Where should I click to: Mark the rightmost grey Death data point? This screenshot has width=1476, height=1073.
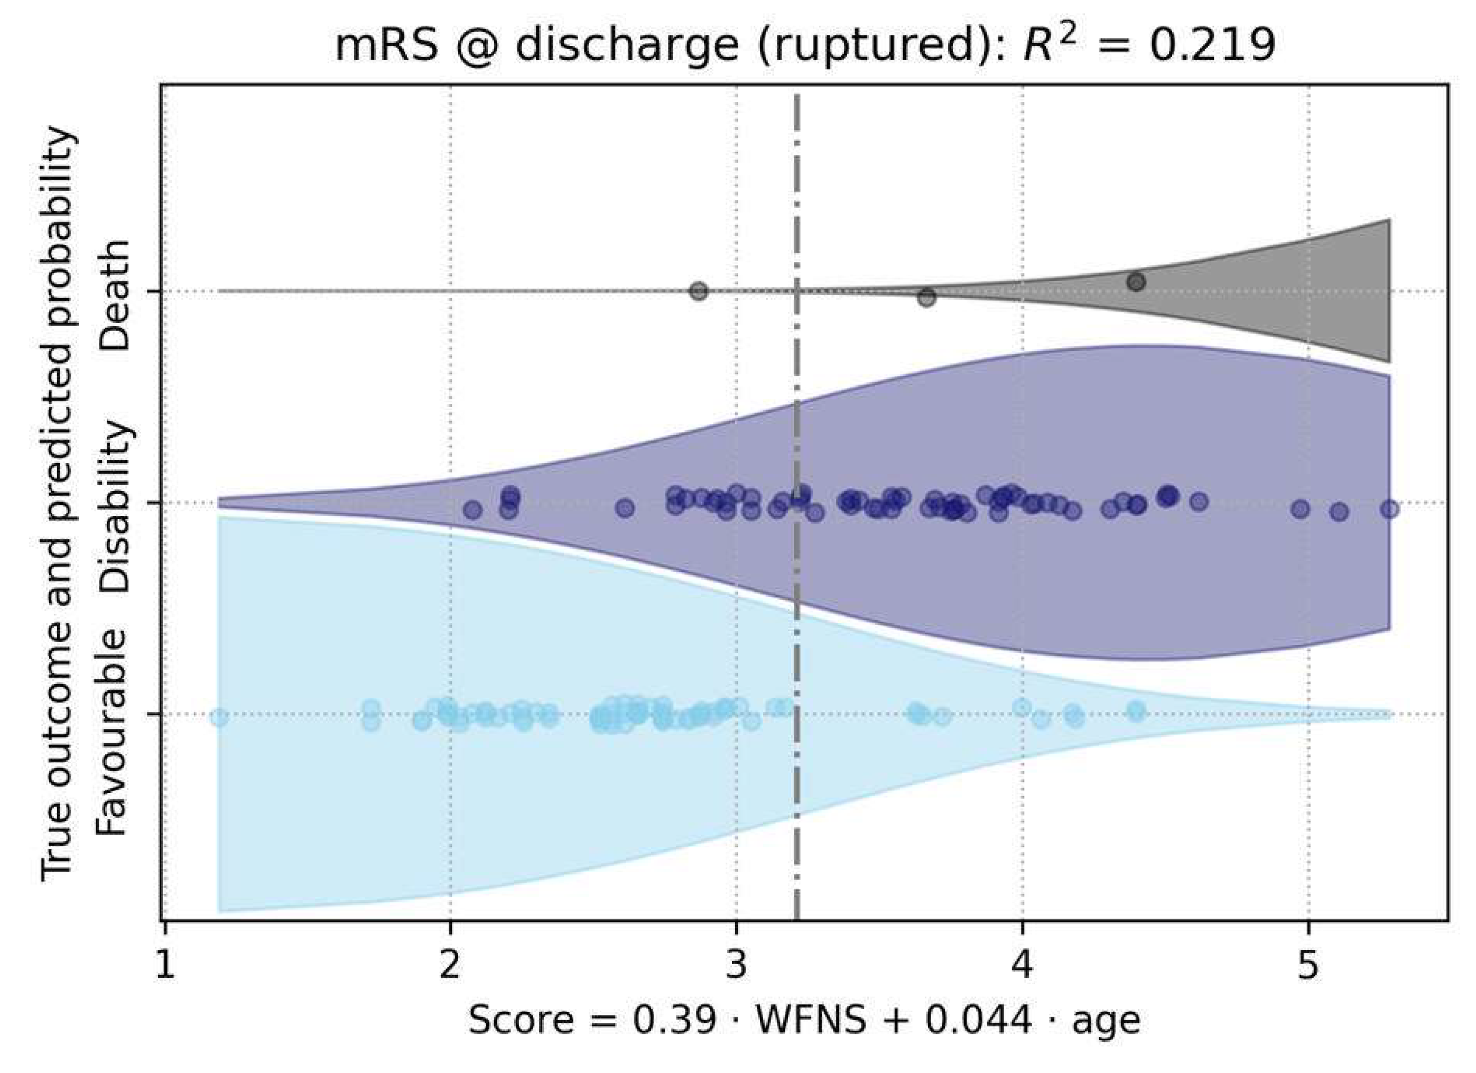click(x=1136, y=282)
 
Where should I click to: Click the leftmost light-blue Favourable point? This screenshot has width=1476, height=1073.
click(x=219, y=717)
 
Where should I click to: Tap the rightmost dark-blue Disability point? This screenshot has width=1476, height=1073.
click(x=1389, y=509)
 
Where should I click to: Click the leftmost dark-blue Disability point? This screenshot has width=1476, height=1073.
click(x=473, y=509)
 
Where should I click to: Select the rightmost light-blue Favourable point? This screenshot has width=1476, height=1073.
click(x=1136, y=710)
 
